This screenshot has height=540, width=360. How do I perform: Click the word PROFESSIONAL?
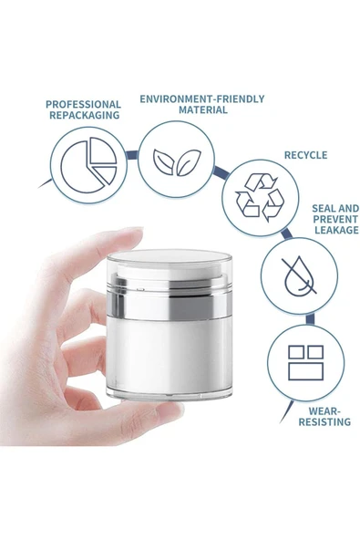tap(83, 104)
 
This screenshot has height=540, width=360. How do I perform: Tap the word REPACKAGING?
tap(85, 115)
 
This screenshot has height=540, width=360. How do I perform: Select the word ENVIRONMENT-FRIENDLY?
tap(202, 99)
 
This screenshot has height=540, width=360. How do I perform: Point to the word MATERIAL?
tap(202, 109)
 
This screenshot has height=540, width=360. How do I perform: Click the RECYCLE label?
tap(306, 155)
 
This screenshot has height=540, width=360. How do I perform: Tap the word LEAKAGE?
tap(336, 230)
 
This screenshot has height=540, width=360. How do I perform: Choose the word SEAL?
tap(324, 208)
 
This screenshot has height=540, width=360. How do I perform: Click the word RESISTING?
tap(324, 421)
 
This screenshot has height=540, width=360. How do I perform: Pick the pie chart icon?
tap(88, 165)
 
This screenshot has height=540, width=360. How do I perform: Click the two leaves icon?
tap(177, 161)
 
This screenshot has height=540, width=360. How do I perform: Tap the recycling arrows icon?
tap(260, 197)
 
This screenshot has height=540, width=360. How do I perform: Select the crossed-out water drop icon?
tap(299, 275)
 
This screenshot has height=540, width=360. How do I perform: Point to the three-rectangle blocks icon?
tap(305, 363)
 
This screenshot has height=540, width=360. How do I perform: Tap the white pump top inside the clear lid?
tap(169, 270)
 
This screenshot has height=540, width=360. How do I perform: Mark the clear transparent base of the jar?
tap(169, 394)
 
